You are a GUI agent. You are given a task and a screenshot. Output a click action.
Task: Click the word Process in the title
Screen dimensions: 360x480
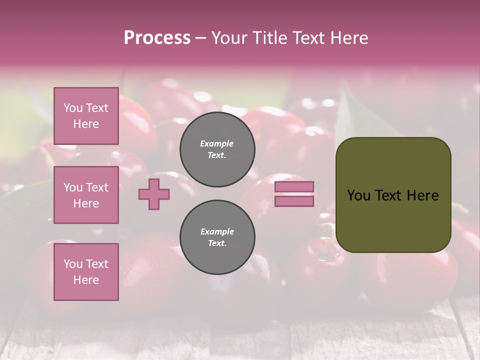(x=157, y=38)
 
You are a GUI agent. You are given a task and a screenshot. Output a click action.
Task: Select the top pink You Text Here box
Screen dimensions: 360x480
(x=86, y=116)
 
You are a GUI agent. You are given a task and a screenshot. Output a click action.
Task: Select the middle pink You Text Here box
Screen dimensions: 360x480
(x=86, y=195)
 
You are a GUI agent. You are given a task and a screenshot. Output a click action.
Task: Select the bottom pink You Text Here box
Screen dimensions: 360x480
(x=86, y=272)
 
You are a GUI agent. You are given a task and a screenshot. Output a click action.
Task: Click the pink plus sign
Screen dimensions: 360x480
(x=154, y=194)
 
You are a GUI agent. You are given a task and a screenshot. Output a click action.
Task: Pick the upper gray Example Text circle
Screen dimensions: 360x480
(x=217, y=149)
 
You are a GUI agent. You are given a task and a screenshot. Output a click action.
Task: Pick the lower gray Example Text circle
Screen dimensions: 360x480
(x=217, y=237)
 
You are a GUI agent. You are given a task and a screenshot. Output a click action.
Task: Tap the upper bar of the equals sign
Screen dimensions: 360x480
(x=294, y=186)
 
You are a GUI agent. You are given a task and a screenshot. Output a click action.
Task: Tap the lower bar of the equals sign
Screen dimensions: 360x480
(x=294, y=201)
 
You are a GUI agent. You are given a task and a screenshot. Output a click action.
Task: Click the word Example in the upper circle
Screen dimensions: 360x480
(x=216, y=143)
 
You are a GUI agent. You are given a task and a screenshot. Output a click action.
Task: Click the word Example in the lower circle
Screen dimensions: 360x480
(x=216, y=231)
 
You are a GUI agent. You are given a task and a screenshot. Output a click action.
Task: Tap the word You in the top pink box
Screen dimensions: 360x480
(x=73, y=108)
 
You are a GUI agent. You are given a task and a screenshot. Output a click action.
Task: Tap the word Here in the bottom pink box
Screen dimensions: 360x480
(x=86, y=280)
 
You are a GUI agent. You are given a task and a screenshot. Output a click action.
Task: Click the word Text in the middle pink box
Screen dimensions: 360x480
(x=97, y=187)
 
